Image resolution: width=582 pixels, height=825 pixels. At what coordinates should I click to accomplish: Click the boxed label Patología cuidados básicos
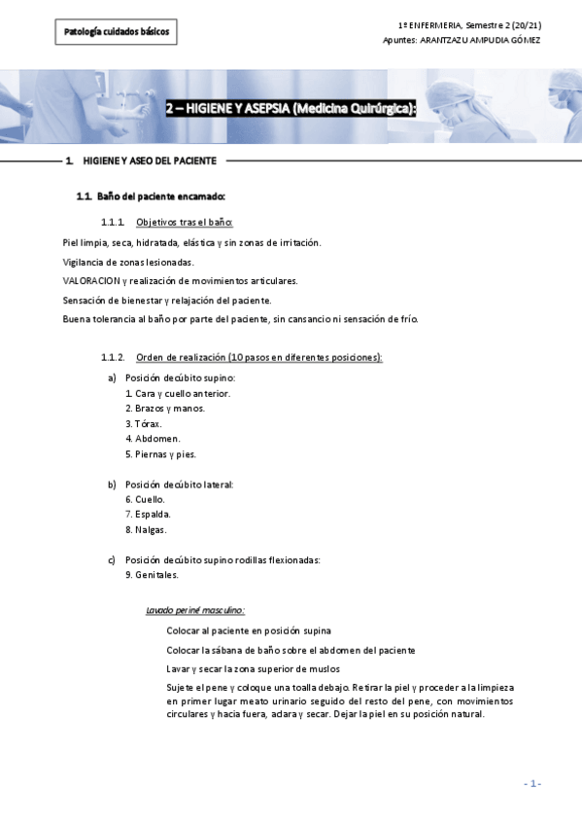(x=116, y=32)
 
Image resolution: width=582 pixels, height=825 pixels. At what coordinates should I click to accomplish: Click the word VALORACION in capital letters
(x=90, y=280)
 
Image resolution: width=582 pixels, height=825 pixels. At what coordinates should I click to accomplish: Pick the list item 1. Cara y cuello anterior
(x=178, y=393)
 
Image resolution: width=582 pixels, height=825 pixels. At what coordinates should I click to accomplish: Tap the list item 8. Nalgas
(x=146, y=529)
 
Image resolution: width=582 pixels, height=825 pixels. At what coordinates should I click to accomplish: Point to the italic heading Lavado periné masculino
(x=194, y=611)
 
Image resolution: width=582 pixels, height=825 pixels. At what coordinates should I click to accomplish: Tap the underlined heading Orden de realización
(x=259, y=357)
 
